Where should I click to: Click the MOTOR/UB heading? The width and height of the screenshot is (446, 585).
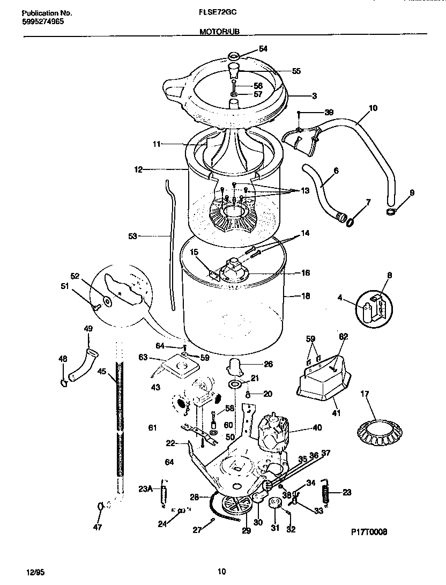click(215, 32)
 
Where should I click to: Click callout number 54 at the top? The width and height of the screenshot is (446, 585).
click(263, 49)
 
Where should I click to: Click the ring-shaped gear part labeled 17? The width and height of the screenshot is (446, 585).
click(380, 428)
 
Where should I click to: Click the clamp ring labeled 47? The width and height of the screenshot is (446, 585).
click(100, 506)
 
